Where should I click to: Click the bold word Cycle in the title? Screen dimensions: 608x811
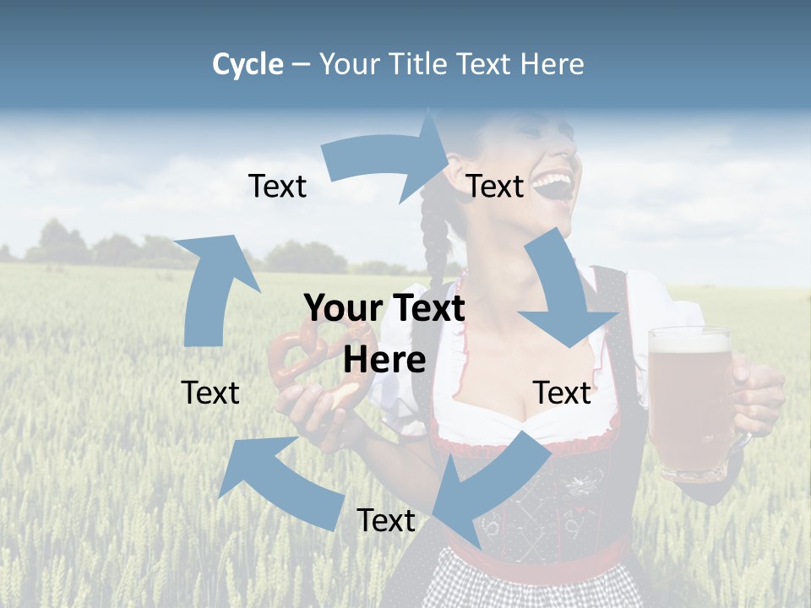pos(248,64)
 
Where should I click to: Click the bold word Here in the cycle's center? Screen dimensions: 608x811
pos(384,360)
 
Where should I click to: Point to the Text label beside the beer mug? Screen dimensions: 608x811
pos(562,393)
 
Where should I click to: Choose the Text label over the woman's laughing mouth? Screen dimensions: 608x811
pos(495,187)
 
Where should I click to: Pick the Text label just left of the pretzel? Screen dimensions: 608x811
pos(210,393)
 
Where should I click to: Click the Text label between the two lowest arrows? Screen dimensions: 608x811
pos(386,520)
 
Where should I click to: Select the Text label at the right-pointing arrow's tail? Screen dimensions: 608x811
pos(277,187)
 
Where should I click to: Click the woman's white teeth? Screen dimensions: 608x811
pos(553,180)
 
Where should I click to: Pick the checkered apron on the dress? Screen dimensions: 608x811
pos(532,587)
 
